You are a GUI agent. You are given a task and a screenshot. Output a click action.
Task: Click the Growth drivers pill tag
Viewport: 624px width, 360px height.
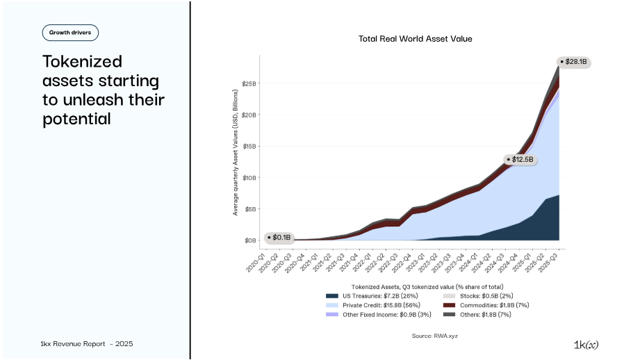coord(70,33)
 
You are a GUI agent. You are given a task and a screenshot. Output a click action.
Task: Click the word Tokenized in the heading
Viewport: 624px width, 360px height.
coord(82,61)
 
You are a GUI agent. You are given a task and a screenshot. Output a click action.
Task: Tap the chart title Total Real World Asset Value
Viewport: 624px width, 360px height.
coord(415,39)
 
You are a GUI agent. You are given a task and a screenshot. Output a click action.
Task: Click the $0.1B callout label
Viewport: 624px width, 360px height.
coord(279,238)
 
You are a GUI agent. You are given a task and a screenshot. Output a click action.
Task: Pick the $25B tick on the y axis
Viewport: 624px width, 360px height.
coord(249,83)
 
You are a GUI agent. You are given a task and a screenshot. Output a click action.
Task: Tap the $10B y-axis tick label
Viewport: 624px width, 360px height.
coord(249,178)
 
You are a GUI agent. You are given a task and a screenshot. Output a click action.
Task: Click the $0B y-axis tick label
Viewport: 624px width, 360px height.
coord(250,240)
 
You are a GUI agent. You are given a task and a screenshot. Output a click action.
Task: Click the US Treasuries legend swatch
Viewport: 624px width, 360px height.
coord(332,296)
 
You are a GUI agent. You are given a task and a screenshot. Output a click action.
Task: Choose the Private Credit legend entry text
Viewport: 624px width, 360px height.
coord(381,305)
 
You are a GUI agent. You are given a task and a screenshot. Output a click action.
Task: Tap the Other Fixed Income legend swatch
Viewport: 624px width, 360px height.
coord(332,314)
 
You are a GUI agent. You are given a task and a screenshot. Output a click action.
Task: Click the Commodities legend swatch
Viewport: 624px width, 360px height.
coord(450,305)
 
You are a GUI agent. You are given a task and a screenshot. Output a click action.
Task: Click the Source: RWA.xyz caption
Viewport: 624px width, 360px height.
coord(435,336)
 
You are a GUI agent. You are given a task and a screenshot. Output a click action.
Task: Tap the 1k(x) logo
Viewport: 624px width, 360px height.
coord(586,345)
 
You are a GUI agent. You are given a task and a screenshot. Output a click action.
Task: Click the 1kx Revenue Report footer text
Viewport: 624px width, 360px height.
coord(87,344)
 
